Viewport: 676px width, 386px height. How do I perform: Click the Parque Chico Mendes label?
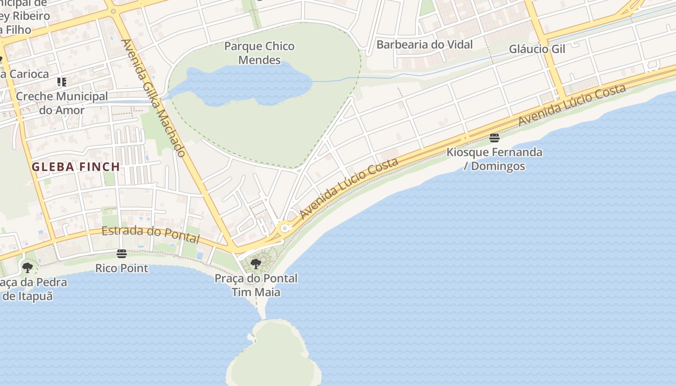coord(259,53)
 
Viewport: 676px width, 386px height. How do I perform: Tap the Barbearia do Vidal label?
coord(424,45)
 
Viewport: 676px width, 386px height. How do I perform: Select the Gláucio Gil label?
coord(537,49)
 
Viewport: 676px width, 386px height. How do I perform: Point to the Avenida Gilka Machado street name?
coord(154,98)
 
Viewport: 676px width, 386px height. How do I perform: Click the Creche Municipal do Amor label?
coord(62,103)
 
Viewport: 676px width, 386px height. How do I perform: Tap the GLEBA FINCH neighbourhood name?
coord(76,167)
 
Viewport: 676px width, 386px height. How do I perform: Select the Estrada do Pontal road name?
coord(151,234)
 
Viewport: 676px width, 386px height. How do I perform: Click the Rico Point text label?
coord(122,268)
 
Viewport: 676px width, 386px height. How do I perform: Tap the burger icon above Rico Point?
coord(122,254)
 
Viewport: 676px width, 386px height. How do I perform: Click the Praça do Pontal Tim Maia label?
coord(256,285)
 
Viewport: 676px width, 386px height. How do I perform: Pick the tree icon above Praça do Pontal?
coord(256,264)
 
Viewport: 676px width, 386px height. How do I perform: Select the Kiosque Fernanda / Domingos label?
coord(494,159)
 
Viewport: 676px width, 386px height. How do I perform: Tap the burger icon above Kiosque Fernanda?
coord(494,138)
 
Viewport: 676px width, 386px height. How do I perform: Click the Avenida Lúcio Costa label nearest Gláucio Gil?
coord(572,105)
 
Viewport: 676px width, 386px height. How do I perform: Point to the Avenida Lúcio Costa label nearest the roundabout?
coord(349,188)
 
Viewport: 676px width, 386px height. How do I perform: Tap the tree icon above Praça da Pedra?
coord(28,267)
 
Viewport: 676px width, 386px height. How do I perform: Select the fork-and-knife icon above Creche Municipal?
coord(62,82)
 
